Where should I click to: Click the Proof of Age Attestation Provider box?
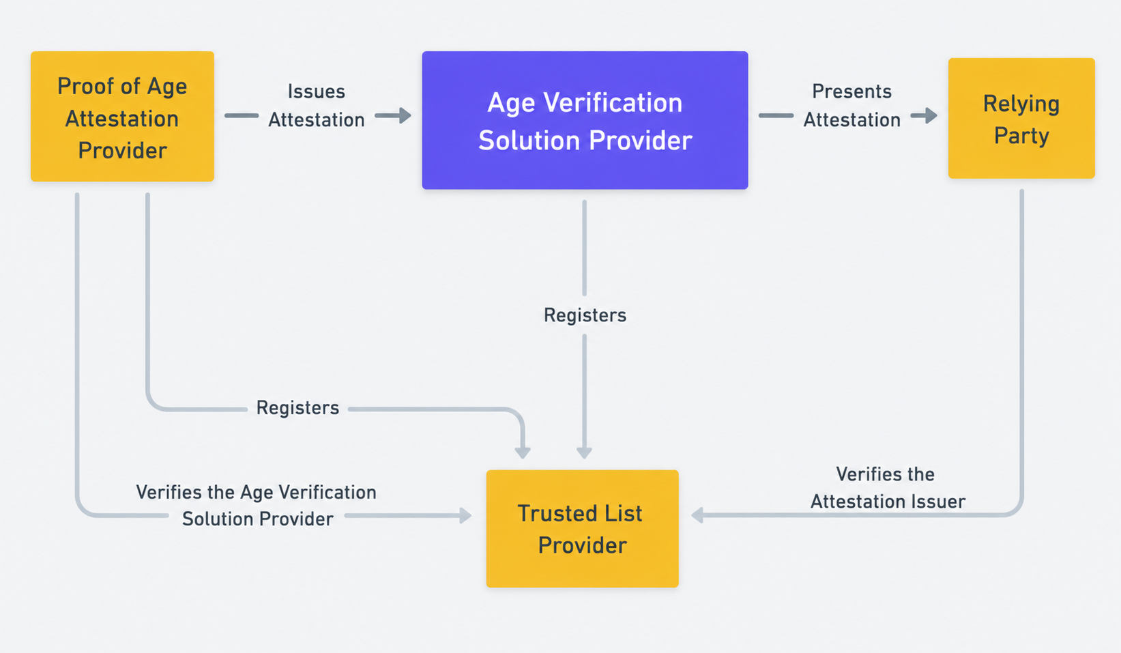point(123,116)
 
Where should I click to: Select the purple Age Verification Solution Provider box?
point(585,120)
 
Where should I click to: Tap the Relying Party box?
point(1021,118)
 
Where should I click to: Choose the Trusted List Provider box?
point(583,528)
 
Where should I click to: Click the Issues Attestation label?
point(317,106)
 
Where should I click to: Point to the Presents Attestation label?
point(851,106)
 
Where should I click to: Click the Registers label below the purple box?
point(585,315)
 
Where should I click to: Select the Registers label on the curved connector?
point(297,408)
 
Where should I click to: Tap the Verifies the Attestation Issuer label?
point(887,488)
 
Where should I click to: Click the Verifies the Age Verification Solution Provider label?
point(257,506)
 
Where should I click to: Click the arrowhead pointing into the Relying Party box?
point(930,115)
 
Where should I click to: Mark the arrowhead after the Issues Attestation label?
point(404,115)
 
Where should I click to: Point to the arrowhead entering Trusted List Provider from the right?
point(697,515)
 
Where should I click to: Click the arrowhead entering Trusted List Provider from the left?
point(465,515)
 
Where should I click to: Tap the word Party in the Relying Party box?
point(1021,136)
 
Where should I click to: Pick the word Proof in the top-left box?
point(85,86)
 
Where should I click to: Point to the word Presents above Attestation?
point(851,91)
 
